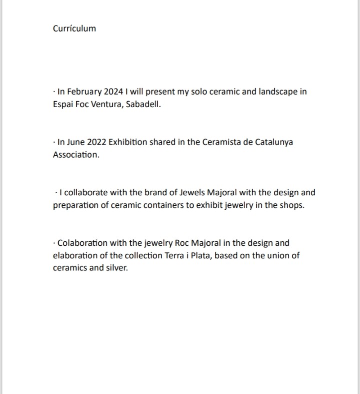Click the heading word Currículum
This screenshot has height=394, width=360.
click(74, 29)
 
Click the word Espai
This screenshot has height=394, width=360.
click(64, 104)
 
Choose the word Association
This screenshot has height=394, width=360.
click(75, 155)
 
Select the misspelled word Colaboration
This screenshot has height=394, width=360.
click(82, 243)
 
